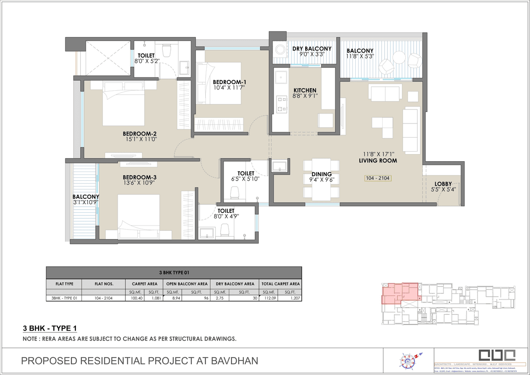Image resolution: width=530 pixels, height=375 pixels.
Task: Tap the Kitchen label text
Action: tap(305, 90)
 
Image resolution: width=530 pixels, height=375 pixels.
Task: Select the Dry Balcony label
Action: tap(312, 49)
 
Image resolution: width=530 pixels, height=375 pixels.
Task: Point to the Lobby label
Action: tap(443, 184)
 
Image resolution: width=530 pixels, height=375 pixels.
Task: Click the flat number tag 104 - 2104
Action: tap(378, 178)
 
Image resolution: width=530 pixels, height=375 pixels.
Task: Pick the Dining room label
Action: tap(322, 174)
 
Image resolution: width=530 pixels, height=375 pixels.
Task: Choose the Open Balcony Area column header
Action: tap(187, 284)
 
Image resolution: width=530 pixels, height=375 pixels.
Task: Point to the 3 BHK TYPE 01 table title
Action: tap(173, 273)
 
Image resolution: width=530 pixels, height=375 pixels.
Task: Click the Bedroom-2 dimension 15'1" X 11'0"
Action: tap(139, 140)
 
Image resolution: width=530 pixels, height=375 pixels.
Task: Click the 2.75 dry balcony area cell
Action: tap(218, 298)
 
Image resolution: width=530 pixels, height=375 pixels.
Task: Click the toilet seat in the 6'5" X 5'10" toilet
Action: tap(234, 192)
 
